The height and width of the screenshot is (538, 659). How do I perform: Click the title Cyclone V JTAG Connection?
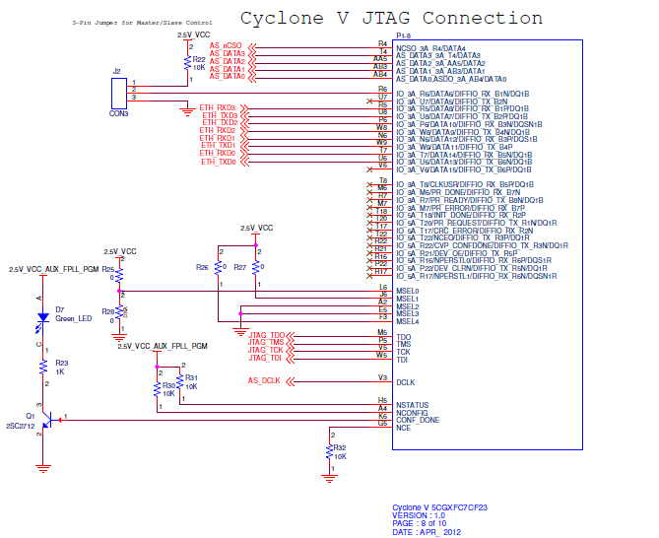(391, 19)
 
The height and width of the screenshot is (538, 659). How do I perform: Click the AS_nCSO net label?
(227, 45)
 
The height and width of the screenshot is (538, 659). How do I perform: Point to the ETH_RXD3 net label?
(219, 107)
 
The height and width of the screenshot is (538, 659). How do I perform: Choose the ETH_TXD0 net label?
(219, 162)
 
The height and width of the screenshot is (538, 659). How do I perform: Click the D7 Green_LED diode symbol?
(43, 317)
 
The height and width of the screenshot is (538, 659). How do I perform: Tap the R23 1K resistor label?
(61, 366)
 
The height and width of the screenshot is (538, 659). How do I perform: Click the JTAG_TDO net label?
(266, 335)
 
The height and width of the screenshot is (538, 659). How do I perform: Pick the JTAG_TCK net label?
(266, 350)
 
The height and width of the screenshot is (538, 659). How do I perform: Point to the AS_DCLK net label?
(264, 379)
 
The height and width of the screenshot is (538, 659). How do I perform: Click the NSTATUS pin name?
(412, 404)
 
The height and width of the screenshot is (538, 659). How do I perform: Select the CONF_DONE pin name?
(417, 419)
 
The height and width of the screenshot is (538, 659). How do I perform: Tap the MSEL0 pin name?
(407, 292)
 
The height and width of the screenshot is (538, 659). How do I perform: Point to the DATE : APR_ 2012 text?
(428, 531)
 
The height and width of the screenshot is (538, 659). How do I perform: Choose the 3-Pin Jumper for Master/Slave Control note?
(129, 21)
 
